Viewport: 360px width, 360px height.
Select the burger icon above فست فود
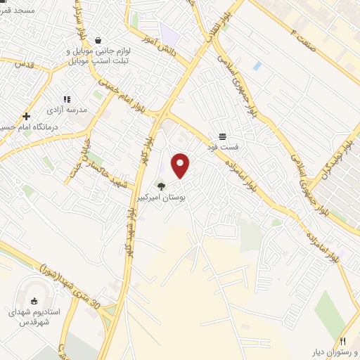click(x=222, y=136)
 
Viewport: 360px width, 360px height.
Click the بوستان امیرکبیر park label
click(x=163, y=200)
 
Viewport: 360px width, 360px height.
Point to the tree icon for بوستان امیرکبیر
click(x=162, y=186)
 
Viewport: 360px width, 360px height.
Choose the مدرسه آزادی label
click(x=66, y=110)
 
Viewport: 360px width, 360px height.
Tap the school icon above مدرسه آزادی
click(x=67, y=99)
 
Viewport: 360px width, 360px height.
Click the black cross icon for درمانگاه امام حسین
click(x=26, y=117)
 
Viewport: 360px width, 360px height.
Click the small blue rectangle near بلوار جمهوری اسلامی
click(x=257, y=65)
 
